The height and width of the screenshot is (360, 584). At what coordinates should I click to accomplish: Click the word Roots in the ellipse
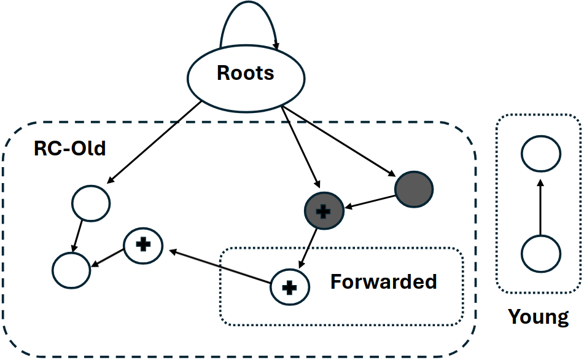tap(245, 73)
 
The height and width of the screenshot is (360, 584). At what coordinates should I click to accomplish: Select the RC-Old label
tap(69, 149)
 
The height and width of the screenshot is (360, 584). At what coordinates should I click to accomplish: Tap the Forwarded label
tap(383, 282)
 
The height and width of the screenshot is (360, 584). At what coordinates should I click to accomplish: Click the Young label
tap(538, 317)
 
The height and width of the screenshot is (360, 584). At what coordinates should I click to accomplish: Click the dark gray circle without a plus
tap(414, 189)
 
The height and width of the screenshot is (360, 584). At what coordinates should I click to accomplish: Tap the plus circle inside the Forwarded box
tap(290, 287)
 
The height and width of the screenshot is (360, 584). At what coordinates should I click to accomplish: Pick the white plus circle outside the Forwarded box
tap(142, 245)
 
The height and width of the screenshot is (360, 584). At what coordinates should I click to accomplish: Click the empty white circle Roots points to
tap(91, 202)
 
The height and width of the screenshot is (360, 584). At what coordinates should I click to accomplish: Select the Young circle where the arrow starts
tap(540, 254)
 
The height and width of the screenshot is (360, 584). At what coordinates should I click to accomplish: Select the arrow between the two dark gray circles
tap(370, 203)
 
